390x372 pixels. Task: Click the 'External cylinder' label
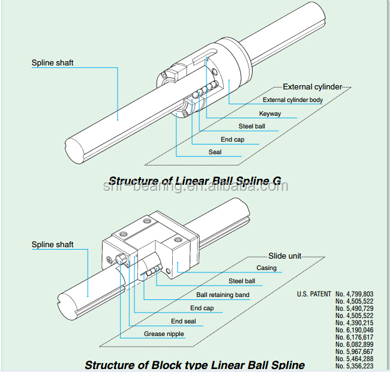tap(312, 87)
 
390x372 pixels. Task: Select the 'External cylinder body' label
tap(292, 100)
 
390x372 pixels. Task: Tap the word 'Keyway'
tap(269, 113)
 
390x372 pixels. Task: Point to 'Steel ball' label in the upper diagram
tap(251, 127)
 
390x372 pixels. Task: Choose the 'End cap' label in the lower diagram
tap(202, 308)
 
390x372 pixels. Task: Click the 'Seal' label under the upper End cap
tap(215, 152)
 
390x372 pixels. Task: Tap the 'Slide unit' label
tap(284, 256)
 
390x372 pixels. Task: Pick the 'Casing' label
tap(266, 268)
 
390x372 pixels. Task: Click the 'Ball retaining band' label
tap(223, 295)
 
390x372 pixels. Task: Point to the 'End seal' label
tap(184, 322)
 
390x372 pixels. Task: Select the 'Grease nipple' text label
tap(164, 334)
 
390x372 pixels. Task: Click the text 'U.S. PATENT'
tap(314, 294)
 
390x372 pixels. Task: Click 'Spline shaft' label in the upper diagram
tap(52, 62)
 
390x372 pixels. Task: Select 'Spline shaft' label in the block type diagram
tap(52, 245)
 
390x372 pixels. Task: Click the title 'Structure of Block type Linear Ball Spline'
tap(194, 365)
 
